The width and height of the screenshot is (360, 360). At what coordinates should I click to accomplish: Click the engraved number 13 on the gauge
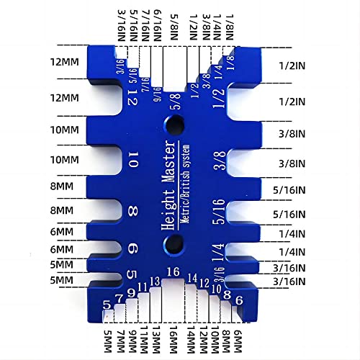point(154,281)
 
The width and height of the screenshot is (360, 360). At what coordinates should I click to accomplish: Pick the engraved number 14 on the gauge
point(192,278)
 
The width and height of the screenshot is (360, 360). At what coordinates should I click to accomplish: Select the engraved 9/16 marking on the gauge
point(158,97)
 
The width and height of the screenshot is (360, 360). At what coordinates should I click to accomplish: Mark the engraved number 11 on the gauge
point(143,287)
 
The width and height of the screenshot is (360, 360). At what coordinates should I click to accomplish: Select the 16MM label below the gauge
point(173,338)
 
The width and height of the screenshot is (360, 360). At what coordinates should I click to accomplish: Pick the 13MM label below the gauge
point(154,338)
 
